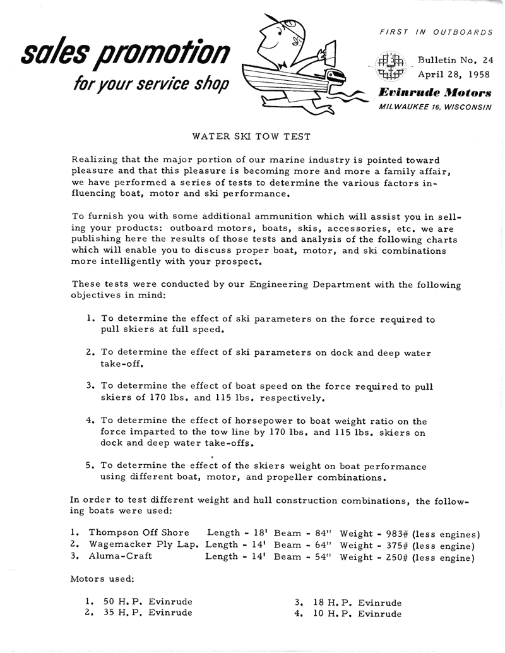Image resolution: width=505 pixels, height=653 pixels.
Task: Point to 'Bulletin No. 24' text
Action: pos(454,61)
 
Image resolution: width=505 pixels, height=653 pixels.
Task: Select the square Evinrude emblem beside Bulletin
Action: pos(389,68)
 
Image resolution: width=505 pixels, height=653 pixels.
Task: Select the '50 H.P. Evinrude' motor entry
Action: pos(148,602)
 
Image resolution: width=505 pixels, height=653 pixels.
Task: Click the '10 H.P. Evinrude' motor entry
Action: pos(357,613)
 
